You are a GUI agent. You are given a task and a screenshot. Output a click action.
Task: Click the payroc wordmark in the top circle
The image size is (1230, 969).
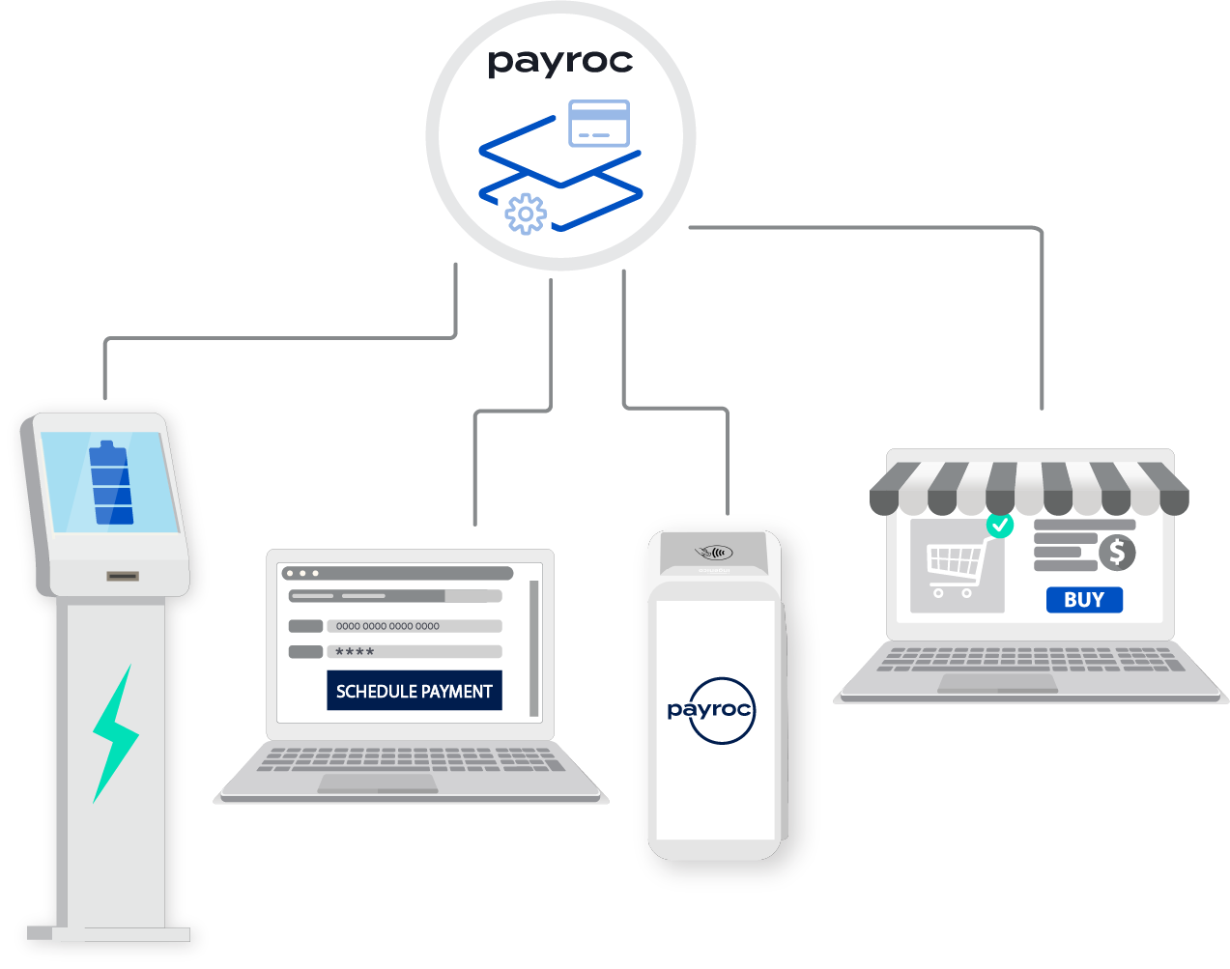(x=559, y=63)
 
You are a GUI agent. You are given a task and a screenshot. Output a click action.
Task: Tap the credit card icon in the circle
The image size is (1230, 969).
(x=599, y=123)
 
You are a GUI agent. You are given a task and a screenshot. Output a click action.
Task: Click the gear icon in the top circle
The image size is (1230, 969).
(x=526, y=214)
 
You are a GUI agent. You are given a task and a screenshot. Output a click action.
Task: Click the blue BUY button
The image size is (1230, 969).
(x=1084, y=600)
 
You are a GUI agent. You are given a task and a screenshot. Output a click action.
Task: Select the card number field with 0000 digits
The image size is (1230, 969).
(x=414, y=626)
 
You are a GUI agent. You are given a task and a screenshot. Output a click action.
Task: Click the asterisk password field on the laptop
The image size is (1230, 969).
(x=414, y=652)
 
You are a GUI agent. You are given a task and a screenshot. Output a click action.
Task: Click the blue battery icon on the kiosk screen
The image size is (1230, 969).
(x=111, y=483)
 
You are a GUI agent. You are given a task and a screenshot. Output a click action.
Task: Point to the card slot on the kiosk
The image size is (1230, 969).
(x=123, y=577)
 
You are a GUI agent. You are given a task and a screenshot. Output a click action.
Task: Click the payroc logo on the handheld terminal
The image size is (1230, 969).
(x=710, y=710)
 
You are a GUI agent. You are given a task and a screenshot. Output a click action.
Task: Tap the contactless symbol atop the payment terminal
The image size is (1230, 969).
(x=713, y=553)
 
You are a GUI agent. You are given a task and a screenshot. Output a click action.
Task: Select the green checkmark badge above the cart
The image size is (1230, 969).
(x=1000, y=526)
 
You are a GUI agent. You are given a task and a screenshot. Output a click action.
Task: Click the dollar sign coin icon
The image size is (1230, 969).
(x=1117, y=553)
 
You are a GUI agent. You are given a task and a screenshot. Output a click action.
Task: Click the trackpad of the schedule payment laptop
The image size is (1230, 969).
(x=378, y=784)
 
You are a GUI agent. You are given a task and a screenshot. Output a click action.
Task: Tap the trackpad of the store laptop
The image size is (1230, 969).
(x=997, y=683)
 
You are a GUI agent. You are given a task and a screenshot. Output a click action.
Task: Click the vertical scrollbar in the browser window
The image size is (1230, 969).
(x=533, y=647)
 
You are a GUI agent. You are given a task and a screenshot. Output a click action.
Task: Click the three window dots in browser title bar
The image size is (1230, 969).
(x=302, y=573)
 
